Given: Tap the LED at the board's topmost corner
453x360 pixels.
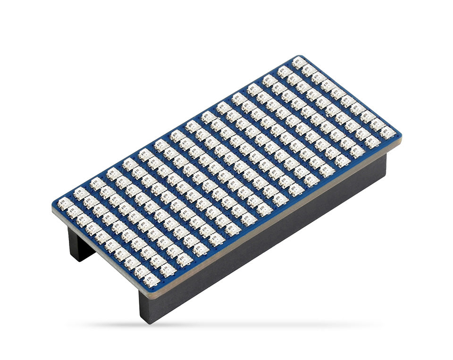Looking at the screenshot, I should [x=299, y=62].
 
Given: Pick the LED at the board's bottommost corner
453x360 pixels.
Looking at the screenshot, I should [x=151, y=280].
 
